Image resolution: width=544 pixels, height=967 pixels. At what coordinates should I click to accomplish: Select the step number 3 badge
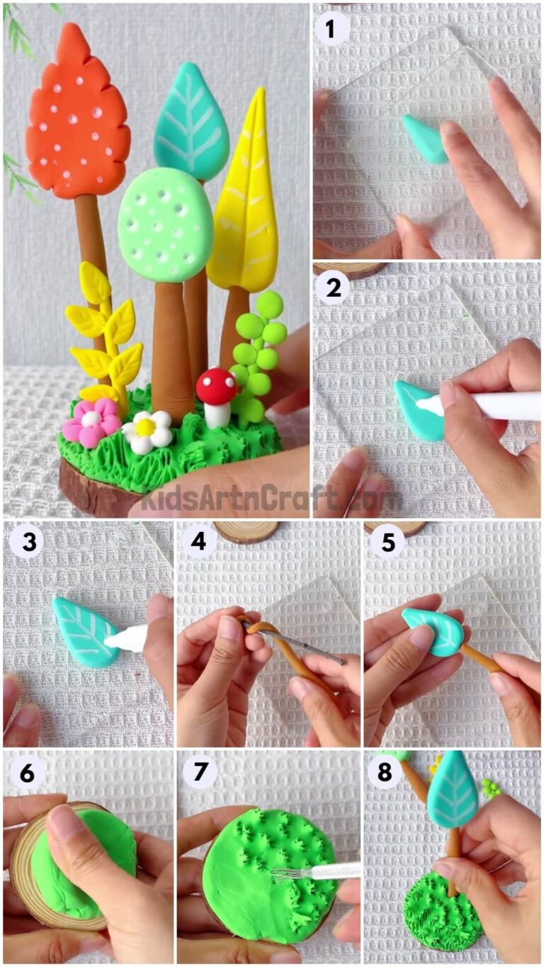coord(26,542)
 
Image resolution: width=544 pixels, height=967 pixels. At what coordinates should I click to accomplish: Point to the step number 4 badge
coord(199,542)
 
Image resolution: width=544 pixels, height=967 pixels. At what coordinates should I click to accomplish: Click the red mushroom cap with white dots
coord(216,386)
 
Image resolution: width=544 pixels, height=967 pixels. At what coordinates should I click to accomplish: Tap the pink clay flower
coord(91,421)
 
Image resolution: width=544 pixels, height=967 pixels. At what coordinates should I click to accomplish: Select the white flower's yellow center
coord(146,427)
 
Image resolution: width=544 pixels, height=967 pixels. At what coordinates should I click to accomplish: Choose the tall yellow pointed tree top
coord(245,198)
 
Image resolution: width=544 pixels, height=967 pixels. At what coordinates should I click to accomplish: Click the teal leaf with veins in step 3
coord(84,630)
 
